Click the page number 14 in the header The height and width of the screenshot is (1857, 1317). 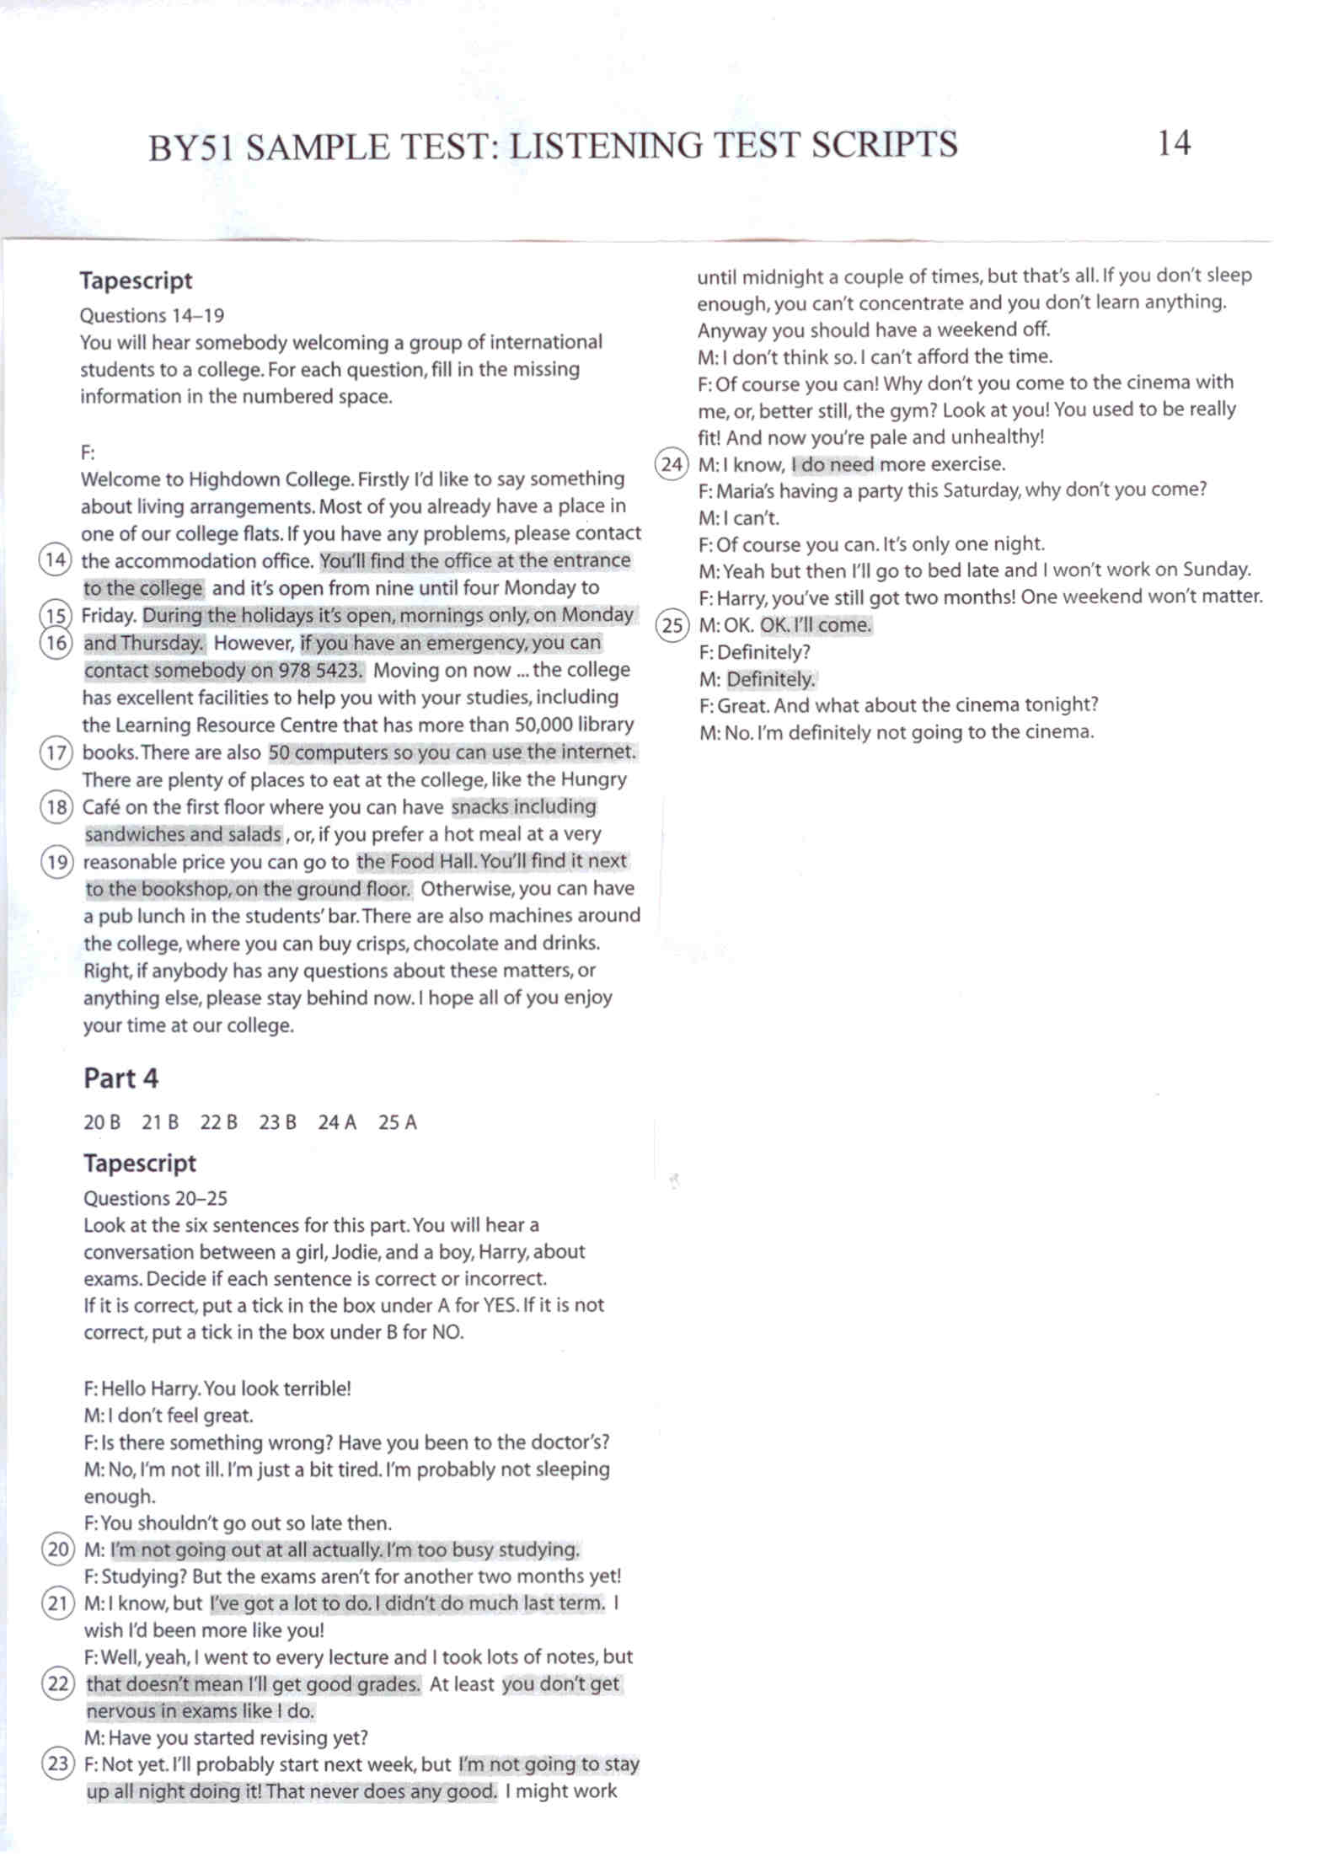(x=1173, y=143)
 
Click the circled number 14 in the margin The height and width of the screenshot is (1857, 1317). (x=55, y=560)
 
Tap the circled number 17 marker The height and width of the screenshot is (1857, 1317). (x=56, y=752)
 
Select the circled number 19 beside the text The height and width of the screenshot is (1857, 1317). (x=56, y=861)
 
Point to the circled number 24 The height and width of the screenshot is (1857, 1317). (x=672, y=463)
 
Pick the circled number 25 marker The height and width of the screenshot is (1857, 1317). (x=672, y=625)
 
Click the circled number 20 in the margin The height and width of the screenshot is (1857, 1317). (x=57, y=1549)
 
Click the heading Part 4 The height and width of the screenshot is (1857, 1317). (x=120, y=1078)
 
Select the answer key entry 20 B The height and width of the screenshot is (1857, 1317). (x=102, y=1122)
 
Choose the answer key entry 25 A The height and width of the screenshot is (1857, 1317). (x=397, y=1122)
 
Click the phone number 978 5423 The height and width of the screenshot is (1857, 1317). (x=319, y=671)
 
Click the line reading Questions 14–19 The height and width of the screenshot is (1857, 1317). (x=152, y=316)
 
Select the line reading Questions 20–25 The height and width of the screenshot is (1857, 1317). (x=155, y=1198)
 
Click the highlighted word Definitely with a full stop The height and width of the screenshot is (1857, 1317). (x=771, y=679)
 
